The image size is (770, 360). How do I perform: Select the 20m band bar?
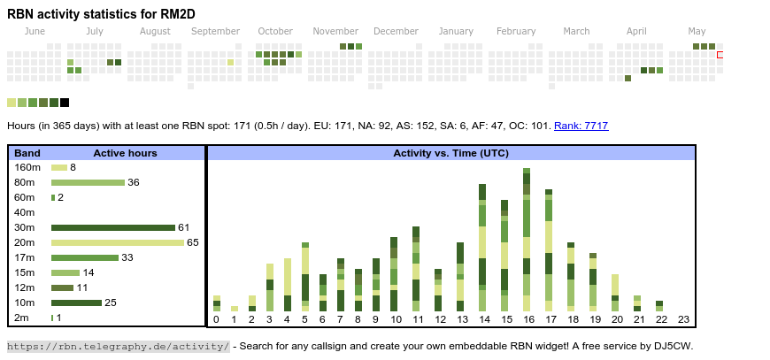(118, 242)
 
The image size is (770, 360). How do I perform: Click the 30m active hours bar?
(113, 227)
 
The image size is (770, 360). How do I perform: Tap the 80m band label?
(27, 182)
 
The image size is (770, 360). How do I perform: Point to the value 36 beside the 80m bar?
(134, 182)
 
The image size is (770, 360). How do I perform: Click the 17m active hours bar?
(84, 257)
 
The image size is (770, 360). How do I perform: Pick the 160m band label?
(27, 167)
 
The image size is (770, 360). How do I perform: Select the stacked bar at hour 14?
(482, 247)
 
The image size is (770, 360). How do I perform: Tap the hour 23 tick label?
(683, 319)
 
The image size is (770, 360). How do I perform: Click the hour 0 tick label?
(216, 319)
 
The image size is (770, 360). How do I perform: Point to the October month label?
(275, 32)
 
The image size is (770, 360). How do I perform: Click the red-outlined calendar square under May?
(720, 55)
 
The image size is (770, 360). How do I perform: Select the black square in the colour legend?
(65, 103)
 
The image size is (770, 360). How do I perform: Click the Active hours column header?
(125, 153)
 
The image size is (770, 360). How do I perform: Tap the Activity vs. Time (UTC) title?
(450, 153)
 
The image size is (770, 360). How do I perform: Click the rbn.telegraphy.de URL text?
(119, 346)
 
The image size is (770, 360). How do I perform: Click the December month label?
(396, 32)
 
